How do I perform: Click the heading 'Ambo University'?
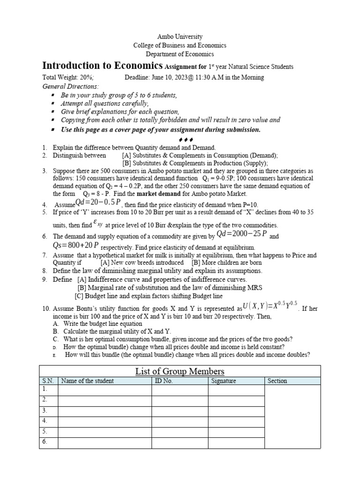[x=180, y=37]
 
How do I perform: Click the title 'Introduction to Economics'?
[x=103, y=66]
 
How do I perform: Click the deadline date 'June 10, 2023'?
[x=175, y=77]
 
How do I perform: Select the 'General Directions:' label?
[x=70, y=86]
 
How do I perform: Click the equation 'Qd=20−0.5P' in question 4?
[x=98, y=203]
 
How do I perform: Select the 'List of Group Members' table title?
[x=180, y=371]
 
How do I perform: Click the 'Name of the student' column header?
[x=87, y=381]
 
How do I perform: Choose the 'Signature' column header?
[x=224, y=381]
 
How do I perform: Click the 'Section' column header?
[x=277, y=381]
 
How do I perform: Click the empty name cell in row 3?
[x=105, y=410]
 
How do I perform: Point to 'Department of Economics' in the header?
[x=180, y=54]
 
